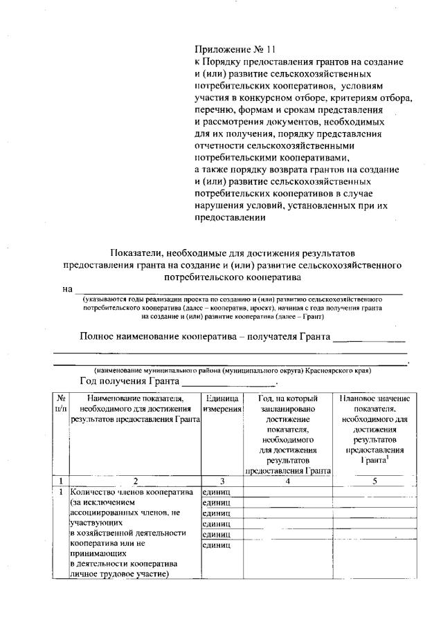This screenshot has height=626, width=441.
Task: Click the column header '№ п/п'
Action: coord(61,404)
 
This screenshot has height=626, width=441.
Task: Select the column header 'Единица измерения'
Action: coord(222,404)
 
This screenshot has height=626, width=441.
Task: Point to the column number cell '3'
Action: coord(222,481)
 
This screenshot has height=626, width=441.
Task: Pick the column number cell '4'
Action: coord(287,481)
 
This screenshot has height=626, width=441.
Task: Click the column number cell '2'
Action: coord(136,481)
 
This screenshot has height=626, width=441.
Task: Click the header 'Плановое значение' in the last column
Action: coord(374,398)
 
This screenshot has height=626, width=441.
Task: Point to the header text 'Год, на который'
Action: coord(287,398)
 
